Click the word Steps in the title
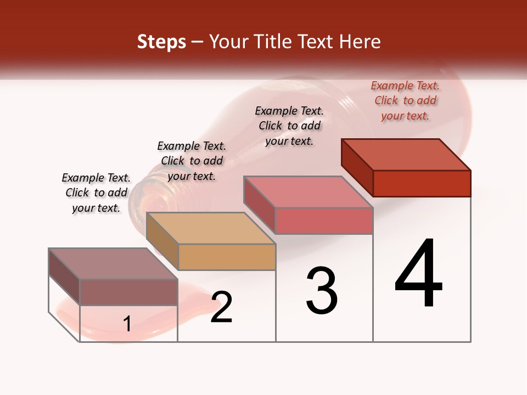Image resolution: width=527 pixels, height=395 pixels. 161,42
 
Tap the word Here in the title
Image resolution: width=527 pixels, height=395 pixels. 360,42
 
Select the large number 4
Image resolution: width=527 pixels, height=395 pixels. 418,274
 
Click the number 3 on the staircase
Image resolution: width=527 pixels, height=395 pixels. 321,291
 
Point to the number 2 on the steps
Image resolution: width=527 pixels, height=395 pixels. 221,307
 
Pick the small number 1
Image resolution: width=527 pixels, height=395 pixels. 127,324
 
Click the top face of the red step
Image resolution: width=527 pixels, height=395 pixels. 406,155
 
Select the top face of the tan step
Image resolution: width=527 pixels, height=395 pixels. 211,228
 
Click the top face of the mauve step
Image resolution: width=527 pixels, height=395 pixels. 113,264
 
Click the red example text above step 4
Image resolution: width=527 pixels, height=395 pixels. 405,101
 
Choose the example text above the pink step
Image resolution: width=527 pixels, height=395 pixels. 289,126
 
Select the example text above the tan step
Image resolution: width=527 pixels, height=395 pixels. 192,161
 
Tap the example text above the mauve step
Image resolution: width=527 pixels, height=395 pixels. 96,193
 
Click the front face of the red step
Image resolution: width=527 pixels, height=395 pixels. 422,183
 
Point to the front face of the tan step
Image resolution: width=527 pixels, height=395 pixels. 227,257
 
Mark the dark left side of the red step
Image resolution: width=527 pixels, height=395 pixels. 357,167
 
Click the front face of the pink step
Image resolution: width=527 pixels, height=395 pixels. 324,221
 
